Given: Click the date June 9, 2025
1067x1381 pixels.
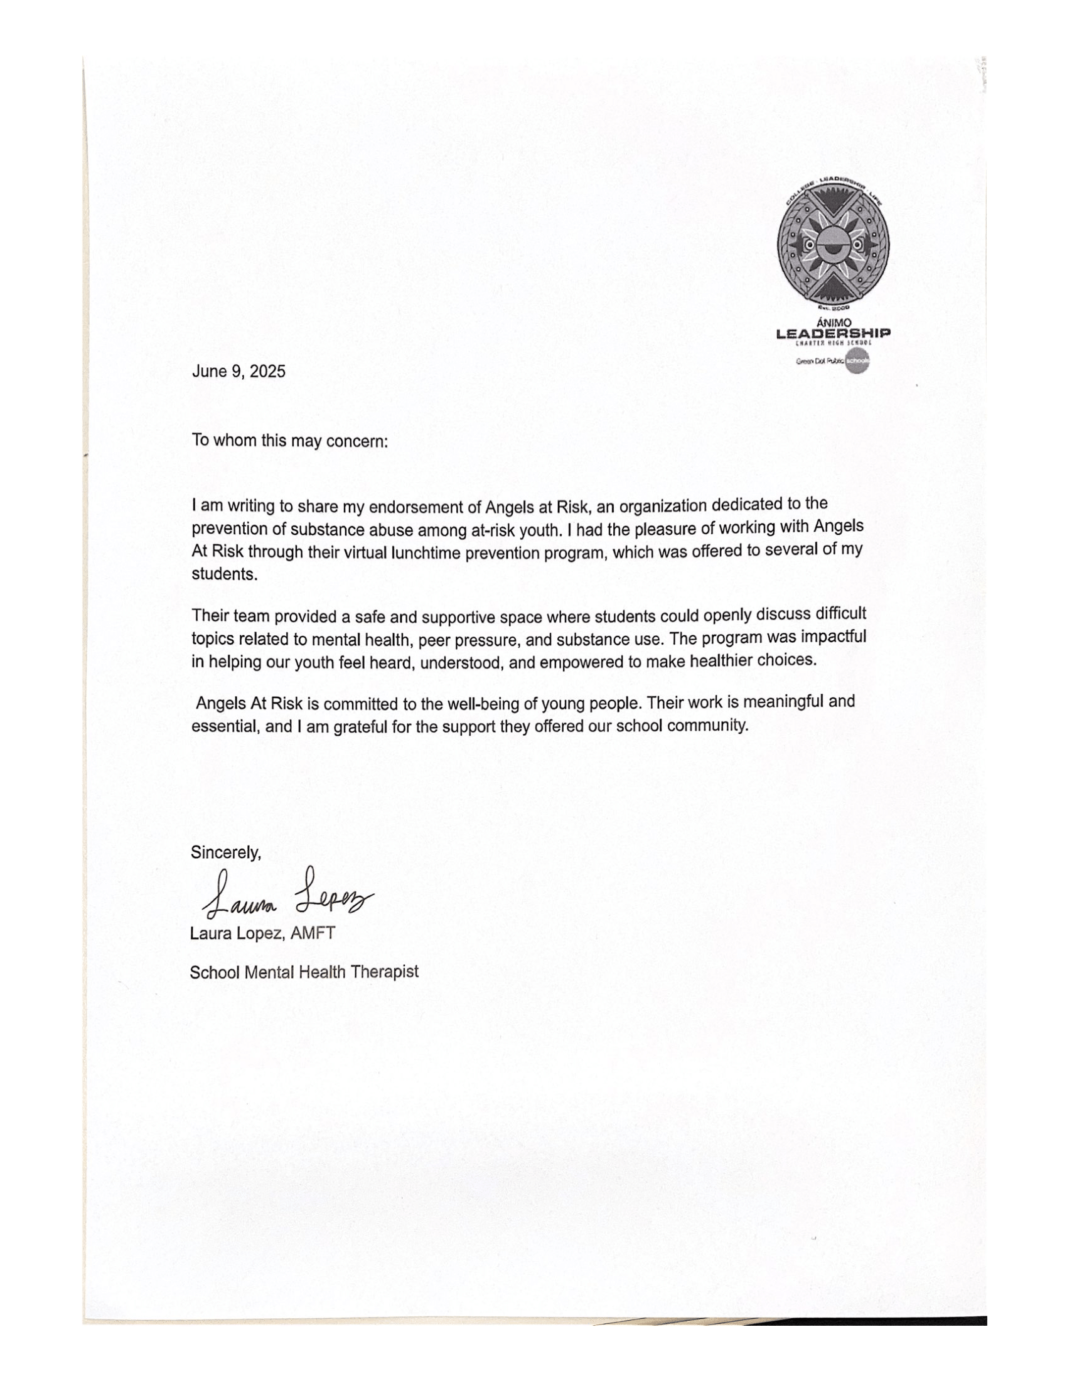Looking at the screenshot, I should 239,371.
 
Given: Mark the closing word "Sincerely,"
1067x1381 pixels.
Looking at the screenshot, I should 226,852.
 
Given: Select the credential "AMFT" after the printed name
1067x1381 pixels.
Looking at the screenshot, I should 313,933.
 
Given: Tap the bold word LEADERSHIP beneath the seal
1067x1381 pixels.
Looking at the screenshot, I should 833,333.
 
